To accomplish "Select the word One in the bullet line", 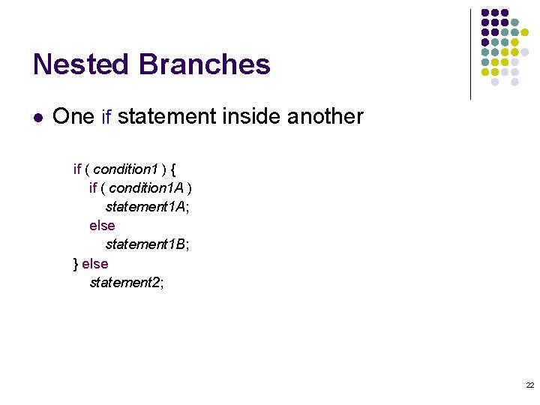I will coord(73,117).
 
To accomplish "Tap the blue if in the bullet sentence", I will coord(106,118).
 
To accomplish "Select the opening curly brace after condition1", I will coord(173,169).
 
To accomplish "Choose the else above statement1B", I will coord(102,225).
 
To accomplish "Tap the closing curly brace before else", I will coord(76,264).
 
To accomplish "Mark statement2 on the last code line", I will coord(124,283).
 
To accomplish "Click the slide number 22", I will coord(529,385).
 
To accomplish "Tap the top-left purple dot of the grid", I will coord(485,13).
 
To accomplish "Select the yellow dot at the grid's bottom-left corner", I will coord(485,72).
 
